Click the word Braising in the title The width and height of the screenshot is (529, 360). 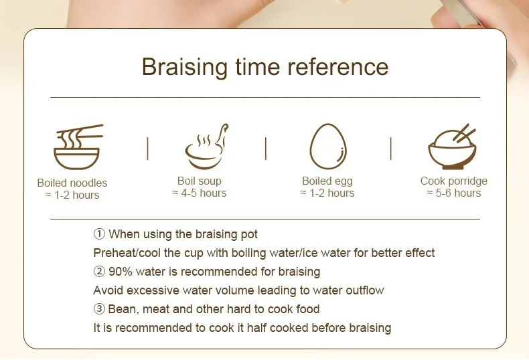185,67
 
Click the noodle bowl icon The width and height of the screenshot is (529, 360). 78,147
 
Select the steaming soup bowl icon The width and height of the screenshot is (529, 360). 206,146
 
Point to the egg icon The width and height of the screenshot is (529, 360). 328,147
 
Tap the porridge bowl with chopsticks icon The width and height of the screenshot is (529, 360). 453,147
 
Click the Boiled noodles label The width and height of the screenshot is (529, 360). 72,183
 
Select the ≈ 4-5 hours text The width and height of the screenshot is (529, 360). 200,193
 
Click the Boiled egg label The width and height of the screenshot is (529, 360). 327,181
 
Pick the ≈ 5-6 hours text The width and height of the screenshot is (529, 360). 454,193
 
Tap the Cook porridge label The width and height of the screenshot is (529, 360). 454,181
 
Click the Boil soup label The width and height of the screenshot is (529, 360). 200,181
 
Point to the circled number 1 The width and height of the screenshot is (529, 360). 99,234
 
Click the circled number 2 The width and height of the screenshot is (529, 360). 99,272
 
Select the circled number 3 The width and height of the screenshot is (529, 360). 99,308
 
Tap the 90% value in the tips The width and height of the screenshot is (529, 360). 121,272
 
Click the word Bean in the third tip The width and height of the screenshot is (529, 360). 123,309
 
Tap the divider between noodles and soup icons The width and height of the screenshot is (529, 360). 147,149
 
